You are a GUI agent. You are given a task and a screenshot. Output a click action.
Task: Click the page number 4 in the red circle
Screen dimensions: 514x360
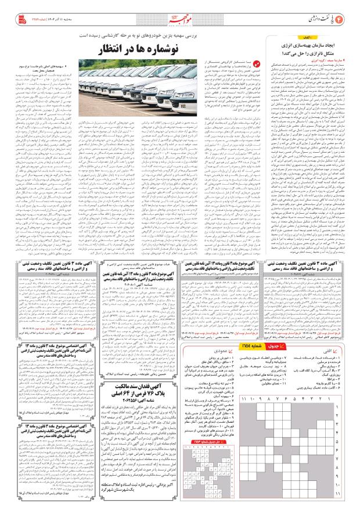pos(349,14)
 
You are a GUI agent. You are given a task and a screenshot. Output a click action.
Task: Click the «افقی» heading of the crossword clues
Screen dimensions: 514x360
pos(343,336)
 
